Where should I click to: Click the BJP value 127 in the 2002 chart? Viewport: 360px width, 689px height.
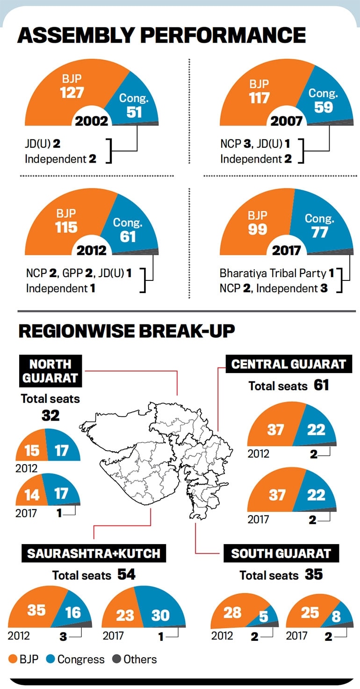72,92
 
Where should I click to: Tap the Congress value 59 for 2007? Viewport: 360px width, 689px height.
323,107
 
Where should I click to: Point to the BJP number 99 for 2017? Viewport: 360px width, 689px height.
257,229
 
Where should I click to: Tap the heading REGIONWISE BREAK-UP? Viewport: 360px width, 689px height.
126,331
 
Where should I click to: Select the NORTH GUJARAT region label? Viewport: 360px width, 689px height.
50,371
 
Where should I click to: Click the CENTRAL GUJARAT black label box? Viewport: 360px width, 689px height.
289,364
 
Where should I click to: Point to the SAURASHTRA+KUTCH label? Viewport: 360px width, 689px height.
94,553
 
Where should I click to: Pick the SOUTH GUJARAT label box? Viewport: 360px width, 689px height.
281,554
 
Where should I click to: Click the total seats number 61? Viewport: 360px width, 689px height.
321,385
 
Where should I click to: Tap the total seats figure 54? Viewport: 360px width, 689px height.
127,574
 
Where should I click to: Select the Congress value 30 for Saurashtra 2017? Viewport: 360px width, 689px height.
160,615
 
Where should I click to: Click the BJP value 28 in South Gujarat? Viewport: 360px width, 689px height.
232,612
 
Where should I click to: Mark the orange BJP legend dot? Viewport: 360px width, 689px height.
13,660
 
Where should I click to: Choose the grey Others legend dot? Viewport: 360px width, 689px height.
117,660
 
